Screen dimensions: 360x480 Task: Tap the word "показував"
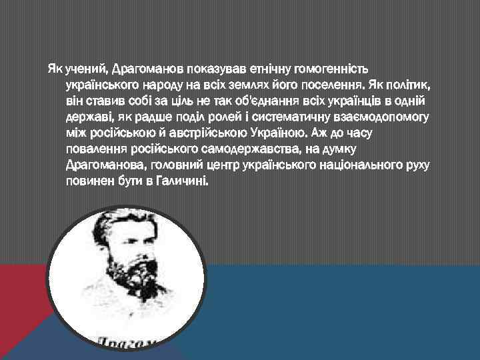[x=221, y=69]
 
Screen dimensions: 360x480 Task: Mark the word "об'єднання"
[x=259, y=101]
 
